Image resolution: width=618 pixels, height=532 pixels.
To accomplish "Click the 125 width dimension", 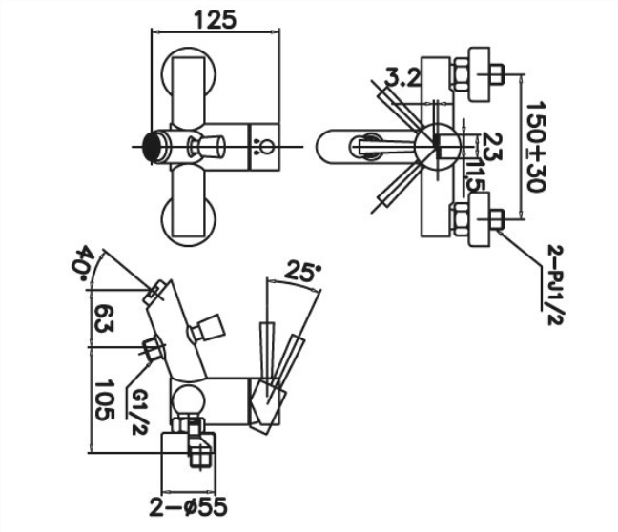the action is click(216, 20).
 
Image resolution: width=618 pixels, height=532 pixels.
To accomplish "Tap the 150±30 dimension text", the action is click(536, 147).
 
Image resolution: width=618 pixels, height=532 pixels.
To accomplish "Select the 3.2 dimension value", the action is click(402, 77).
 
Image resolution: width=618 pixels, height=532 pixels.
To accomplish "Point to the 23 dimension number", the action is click(492, 146).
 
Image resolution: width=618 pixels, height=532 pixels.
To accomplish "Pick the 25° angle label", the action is click(302, 271).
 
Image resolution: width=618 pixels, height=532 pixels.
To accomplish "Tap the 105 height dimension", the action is click(104, 399).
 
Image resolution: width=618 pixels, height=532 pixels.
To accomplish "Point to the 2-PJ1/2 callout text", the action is click(556, 285).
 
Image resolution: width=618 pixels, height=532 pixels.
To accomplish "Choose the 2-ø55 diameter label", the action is click(189, 506).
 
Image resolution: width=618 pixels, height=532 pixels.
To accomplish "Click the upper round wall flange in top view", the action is click(189, 72).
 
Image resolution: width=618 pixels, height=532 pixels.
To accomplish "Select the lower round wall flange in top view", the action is click(189, 219).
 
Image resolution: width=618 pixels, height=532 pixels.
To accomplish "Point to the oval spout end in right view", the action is click(331, 147).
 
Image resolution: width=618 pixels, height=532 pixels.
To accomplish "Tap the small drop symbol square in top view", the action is click(263, 148).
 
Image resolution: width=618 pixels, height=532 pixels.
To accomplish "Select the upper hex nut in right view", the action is click(461, 74).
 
